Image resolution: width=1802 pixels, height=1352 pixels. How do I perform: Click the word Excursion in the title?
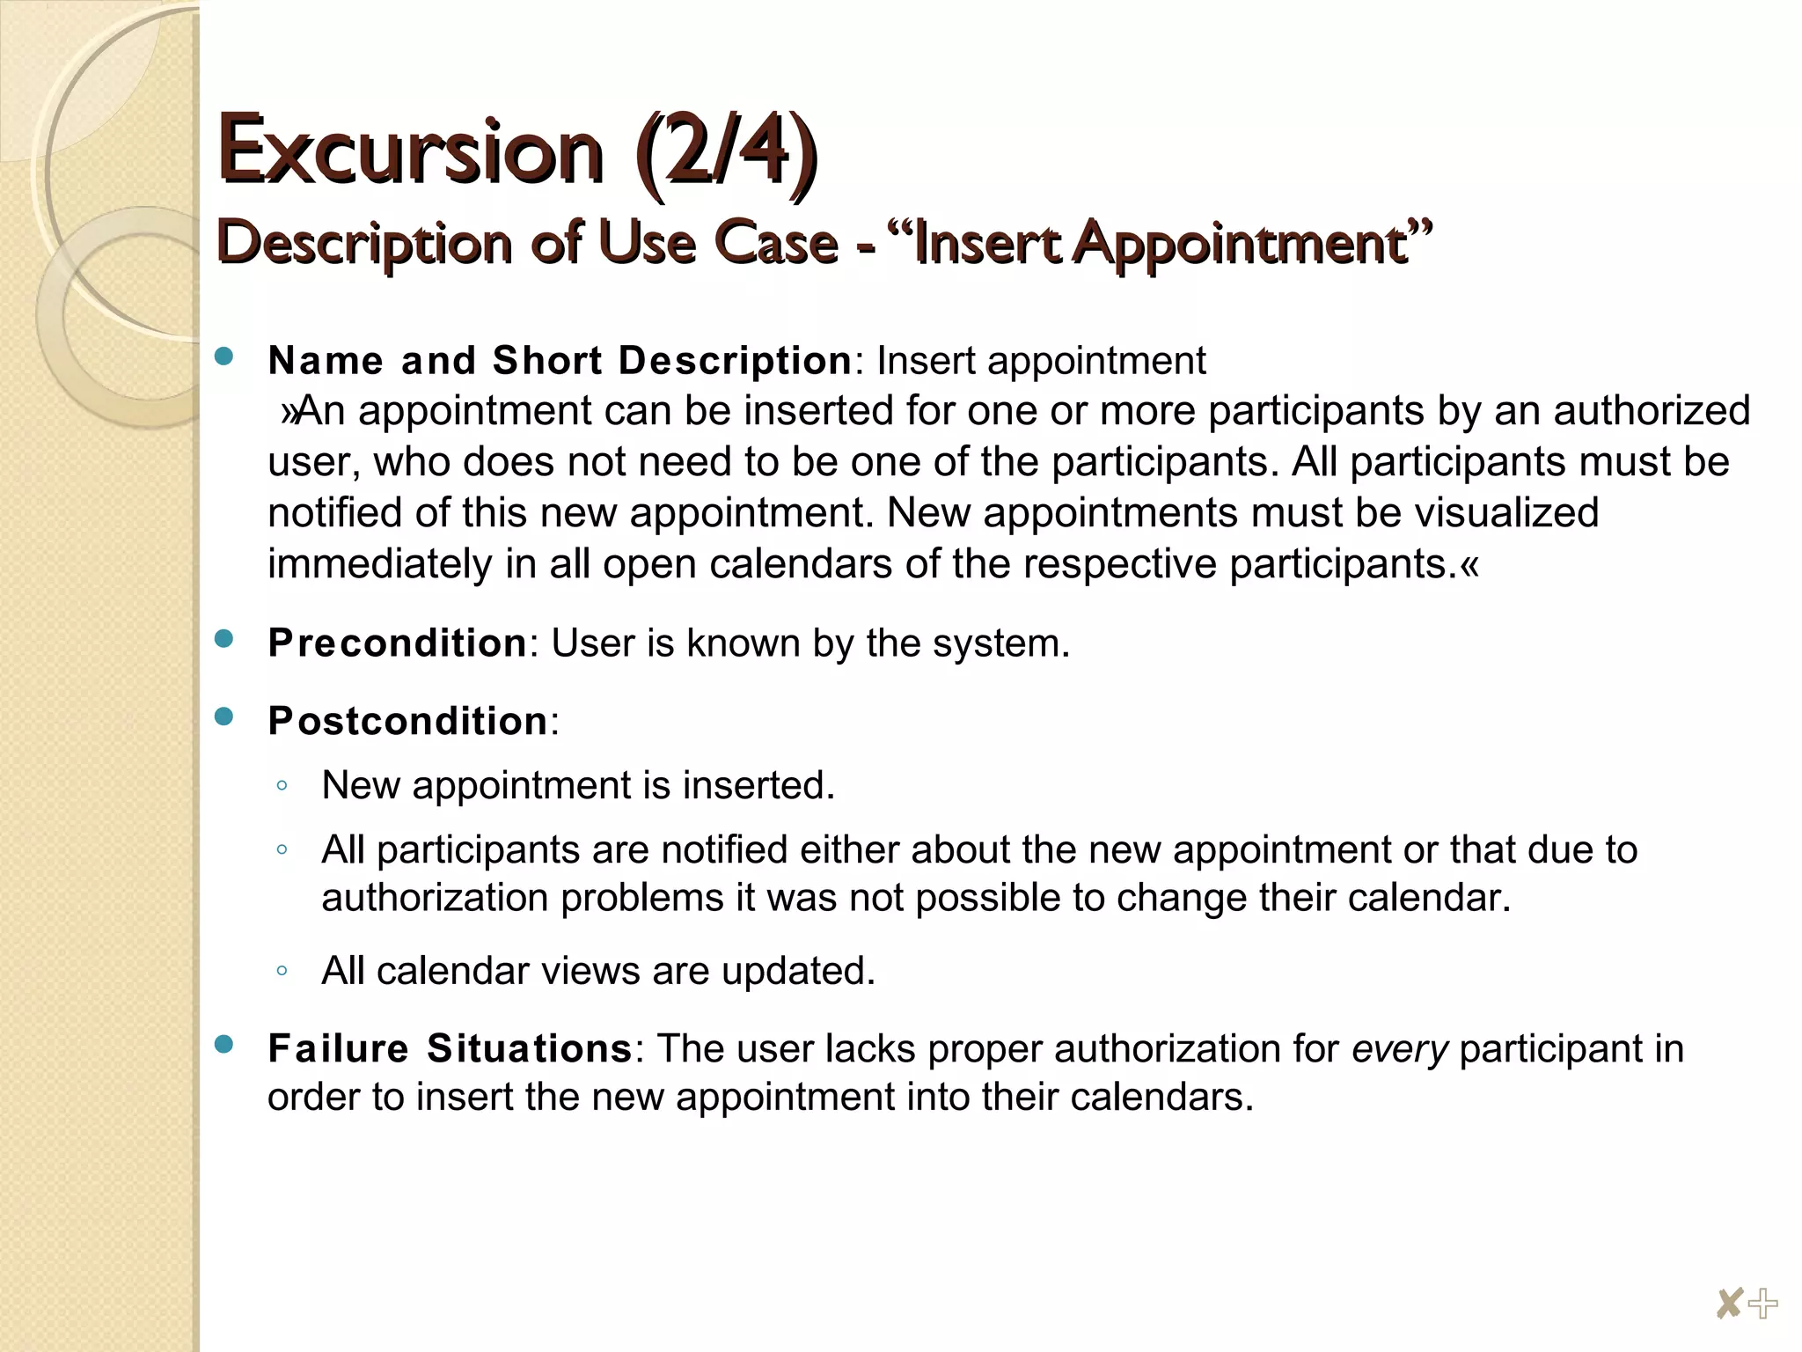410,150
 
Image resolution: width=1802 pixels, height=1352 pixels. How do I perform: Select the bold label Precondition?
398,643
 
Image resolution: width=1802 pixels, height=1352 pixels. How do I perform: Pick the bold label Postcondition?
408,721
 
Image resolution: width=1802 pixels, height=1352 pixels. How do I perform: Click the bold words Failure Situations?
450,1048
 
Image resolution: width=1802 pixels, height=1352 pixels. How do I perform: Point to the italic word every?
1399,1049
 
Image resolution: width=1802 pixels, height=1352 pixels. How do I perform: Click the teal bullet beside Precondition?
224,640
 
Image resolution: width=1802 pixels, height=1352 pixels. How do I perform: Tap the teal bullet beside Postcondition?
224,717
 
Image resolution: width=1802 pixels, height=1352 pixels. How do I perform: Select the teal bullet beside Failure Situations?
224,1045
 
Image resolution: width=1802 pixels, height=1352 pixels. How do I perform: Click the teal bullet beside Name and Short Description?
224,356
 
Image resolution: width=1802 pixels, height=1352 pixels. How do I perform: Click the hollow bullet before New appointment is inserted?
282,786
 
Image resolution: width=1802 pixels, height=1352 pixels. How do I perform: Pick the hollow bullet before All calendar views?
282,972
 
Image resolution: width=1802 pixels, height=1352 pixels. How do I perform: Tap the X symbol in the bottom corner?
1729,1304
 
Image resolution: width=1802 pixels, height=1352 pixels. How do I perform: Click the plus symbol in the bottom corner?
1762,1304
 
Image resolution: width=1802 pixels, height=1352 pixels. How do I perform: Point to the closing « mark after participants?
1470,564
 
